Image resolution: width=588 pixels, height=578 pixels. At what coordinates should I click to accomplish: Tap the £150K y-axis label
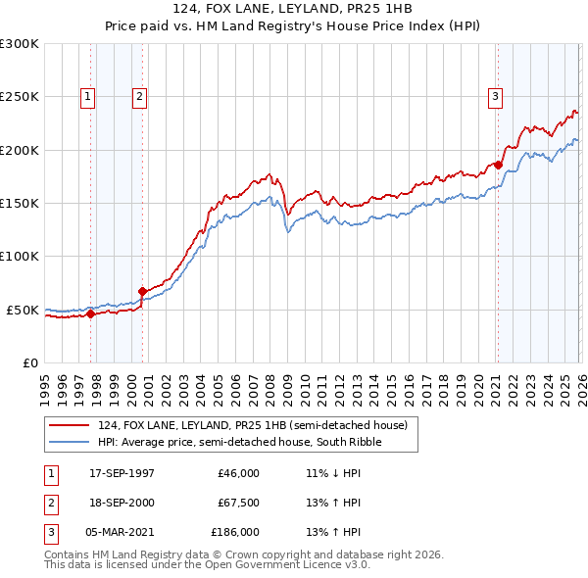[x=20, y=204]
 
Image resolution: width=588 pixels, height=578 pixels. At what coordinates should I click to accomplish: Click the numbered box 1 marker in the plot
[x=89, y=96]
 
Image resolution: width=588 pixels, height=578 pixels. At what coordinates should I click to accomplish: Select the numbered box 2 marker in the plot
[x=140, y=96]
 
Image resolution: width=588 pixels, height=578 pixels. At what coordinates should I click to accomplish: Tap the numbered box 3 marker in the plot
[x=496, y=96]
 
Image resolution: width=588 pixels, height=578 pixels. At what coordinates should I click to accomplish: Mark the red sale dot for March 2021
[x=497, y=166]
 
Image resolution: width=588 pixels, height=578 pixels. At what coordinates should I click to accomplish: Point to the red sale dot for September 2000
[x=143, y=291]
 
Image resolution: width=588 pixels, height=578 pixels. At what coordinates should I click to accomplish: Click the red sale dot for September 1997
[x=91, y=314]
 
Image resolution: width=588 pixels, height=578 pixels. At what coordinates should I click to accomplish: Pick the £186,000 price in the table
[x=235, y=532]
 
